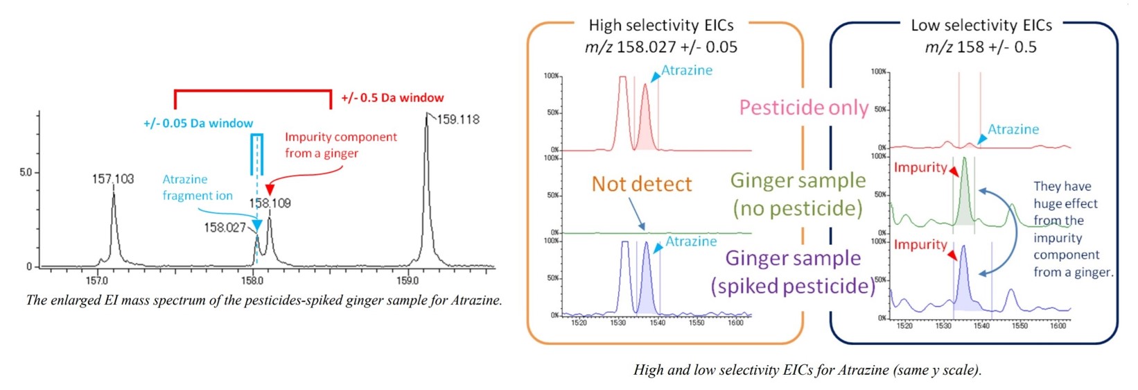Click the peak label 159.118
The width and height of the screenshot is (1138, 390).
coord(458,119)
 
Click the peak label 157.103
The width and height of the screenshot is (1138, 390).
coord(113,179)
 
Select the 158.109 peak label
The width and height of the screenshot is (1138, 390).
coord(270,203)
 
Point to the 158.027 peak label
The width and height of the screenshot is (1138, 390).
coord(225,228)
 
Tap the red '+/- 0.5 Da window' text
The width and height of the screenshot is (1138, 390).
coord(392,98)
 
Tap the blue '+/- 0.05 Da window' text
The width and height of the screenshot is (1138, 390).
coord(198,124)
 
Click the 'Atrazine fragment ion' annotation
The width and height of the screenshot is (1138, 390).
coord(197,187)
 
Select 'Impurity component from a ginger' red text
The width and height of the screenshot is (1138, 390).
coord(340,145)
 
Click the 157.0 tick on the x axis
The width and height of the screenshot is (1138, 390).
coord(96,281)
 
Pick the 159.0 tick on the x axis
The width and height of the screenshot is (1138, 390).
coord(408,281)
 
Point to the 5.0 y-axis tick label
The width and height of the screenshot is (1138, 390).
coord(26,172)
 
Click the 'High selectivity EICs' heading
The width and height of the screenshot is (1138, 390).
coord(660,26)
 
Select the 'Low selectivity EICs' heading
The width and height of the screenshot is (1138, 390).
coord(981,26)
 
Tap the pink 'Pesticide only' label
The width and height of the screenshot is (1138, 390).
coord(803,108)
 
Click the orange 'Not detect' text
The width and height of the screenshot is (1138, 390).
coord(641,184)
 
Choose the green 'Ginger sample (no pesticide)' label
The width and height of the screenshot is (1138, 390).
coord(798,194)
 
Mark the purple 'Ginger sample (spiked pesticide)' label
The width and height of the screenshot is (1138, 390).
coord(793,272)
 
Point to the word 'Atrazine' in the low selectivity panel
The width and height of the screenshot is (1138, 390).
coord(1013,130)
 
